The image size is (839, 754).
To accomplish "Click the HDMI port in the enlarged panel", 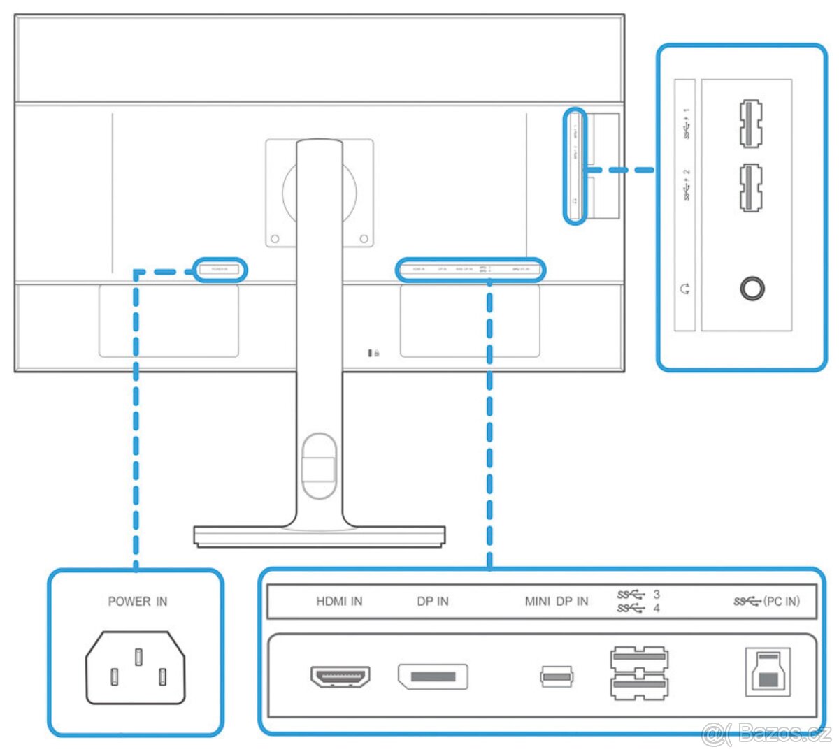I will (340, 676).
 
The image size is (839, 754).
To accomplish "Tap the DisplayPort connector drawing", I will (433, 676).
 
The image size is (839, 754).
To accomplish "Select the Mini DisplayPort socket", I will (557, 676).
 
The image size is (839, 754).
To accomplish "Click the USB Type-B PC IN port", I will (767, 672).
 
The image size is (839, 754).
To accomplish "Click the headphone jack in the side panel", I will (752, 288).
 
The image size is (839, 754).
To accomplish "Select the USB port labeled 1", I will (750, 124).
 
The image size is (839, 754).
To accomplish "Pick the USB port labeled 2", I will (750, 187).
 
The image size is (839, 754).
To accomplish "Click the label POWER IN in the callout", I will (138, 602).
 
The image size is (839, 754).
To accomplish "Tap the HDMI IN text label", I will (339, 602).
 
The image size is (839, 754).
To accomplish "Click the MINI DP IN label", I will (557, 602).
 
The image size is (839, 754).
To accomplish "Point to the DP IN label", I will (433, 602).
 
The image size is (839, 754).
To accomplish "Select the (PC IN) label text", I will (782, 602).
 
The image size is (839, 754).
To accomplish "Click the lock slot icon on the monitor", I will (374, 353).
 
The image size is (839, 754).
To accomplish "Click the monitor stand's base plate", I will (320, 536).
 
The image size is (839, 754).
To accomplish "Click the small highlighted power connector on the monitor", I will (220, 269).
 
